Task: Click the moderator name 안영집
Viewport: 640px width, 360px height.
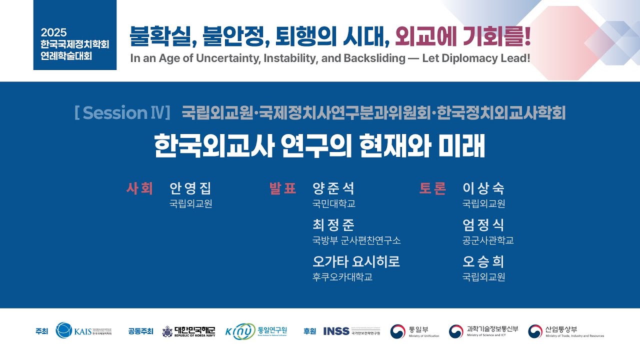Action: click(190, 188)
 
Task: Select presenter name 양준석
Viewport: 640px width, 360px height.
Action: click(333, 188)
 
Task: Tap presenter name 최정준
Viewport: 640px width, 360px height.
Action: click(333, 225)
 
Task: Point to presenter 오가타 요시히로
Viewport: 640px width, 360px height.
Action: click(356, 261)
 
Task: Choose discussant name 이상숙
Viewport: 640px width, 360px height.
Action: click(483, 188)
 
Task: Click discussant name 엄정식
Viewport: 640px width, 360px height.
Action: click(483, 225)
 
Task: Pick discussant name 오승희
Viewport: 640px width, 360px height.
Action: click(483, 261)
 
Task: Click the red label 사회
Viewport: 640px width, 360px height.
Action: click(139, 188)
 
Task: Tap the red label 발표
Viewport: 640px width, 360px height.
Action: click(282, 188)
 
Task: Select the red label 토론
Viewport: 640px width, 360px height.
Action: click(432, 188)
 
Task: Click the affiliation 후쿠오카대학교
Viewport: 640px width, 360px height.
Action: click(342, 277)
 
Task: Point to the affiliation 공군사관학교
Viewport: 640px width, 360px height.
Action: click(488, 240)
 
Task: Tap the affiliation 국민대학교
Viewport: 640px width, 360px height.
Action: click(333, 204)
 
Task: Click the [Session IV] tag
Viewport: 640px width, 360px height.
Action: click(122, 113)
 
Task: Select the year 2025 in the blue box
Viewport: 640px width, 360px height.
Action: click(54, 32)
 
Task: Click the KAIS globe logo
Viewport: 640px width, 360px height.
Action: click(64, 330)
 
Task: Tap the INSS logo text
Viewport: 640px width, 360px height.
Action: click(336, 331)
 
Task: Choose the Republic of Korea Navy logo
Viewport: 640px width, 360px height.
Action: click(188, 331)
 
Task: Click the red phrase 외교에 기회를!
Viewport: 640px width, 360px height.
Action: click(462, 35)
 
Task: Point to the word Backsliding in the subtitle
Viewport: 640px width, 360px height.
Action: click(374, 58)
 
